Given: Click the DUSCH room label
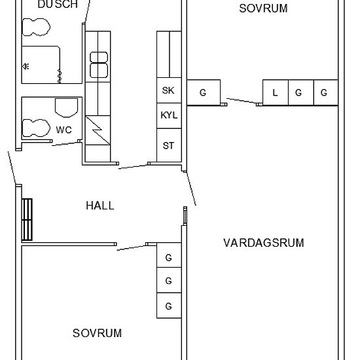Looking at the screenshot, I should (x=57, y=5).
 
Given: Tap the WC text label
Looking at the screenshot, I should (x=63, y=130).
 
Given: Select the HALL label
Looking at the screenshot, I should (x=99, y=206).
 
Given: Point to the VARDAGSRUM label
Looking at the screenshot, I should (x=263, y=243).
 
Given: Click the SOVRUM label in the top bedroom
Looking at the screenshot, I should (x=263, y=9).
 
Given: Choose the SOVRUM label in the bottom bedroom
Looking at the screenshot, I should (x=97, y=333).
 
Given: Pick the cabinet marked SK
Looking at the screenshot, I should (x=168, y=91).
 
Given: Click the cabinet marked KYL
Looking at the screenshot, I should (x=168, y=116).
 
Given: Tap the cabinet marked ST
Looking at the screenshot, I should (x=168, y=145).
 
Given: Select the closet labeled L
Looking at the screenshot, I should (x=275, y=93).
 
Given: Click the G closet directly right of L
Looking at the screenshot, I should (x=298, y=93).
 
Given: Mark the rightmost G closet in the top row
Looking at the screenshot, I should (x=324, y=93).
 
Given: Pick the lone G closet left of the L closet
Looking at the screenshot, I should (x=203, y=93).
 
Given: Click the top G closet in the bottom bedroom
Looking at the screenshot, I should (x=168, y=258).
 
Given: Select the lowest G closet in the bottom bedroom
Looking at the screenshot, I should (x=168, y=306).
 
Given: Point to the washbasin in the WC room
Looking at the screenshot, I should (x=66, y=108).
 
